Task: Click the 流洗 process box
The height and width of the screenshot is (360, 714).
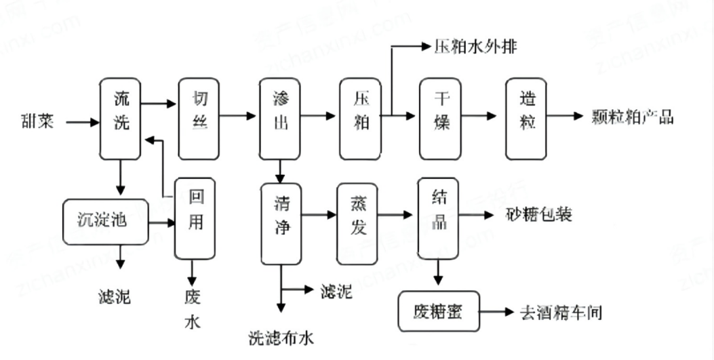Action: click(x=121, y=118)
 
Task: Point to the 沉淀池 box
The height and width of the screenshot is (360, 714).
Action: click(x=105, y=222)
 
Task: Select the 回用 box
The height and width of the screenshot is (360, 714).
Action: click(x=195, y=218)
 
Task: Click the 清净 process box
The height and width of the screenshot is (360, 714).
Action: click(x=281, y=222)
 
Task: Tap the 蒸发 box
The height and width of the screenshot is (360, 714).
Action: click(x=357, y=222)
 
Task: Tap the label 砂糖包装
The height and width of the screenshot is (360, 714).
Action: click(x=539, y=215)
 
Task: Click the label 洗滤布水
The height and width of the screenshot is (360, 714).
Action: click(x=281, y=337)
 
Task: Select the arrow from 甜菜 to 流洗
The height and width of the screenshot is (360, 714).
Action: click(x=82, y=123)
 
